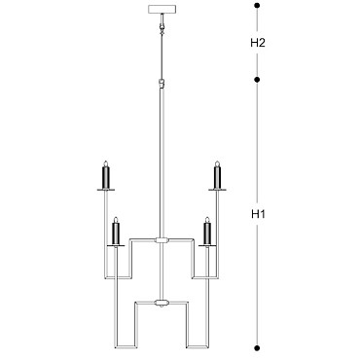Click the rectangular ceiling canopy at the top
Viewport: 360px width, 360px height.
pos(162,9)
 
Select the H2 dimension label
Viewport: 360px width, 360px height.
pos(258,43)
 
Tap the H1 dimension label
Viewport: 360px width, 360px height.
pos(258,214)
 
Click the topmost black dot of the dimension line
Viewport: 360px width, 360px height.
pos(257,6)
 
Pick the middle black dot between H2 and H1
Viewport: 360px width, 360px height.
pos(257,80)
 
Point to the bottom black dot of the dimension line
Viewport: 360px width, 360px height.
pos(257,348)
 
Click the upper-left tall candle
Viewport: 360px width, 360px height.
pos(106,177)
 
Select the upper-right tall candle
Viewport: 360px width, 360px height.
pos(217,177)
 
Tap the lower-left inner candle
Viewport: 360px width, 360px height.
pos(116,234)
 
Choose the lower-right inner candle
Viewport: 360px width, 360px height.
pos(207,234)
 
